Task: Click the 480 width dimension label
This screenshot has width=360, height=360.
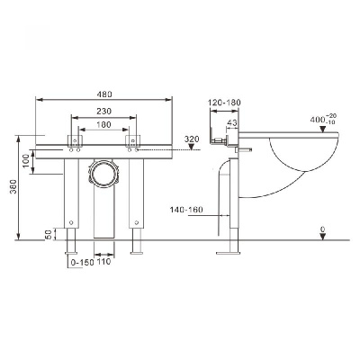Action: tap(104, 94)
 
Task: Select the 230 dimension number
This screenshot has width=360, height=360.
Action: tap(104, 112)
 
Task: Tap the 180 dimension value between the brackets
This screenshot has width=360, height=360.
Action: tap(104, 124)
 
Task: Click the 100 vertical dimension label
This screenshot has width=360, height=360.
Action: tap(26, 160)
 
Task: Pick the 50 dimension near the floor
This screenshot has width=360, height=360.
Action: tap(49, 234)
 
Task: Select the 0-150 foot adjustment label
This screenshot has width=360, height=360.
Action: tap(82, 263)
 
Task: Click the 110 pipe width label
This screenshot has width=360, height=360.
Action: tap(104, 262)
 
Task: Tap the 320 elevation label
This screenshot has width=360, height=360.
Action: tap(192, 139)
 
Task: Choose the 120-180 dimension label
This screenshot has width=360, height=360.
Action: tap(224, 103)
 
